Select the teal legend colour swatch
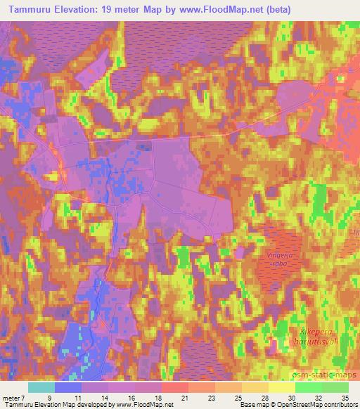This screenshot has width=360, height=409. pyautogui.click(x=41, y=387)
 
